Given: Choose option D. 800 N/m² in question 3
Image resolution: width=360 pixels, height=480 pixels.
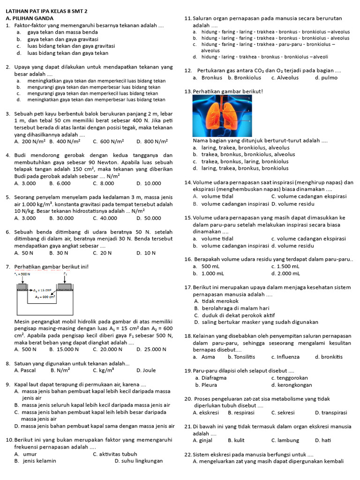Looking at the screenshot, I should click(153, 141).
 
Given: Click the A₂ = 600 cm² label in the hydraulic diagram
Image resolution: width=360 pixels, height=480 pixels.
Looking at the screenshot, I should click(45, 297).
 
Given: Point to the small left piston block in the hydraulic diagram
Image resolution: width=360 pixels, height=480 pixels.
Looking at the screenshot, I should click(25, 286).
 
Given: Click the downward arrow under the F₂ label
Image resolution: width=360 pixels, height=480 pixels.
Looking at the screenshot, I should click(66, 280).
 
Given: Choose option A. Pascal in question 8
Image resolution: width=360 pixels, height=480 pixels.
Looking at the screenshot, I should click(25, 370).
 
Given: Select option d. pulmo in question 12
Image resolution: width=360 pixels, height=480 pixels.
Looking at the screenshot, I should click(326, 77).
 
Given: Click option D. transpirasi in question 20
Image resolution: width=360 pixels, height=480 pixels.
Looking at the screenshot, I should click(331, 412).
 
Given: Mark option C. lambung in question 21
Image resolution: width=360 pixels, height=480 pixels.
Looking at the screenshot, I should click(285, 440).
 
